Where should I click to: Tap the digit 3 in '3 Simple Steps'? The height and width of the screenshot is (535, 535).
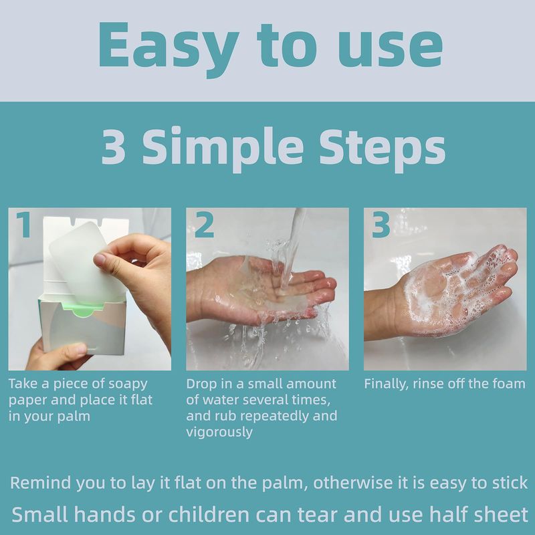coord(113,146)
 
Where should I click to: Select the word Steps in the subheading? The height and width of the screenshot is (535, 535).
coord(382,149)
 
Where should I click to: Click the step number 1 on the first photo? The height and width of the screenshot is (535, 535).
coord(24,224)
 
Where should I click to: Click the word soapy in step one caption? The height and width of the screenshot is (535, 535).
coord(128,385)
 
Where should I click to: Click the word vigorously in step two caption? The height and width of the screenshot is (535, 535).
coord(219,433)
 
